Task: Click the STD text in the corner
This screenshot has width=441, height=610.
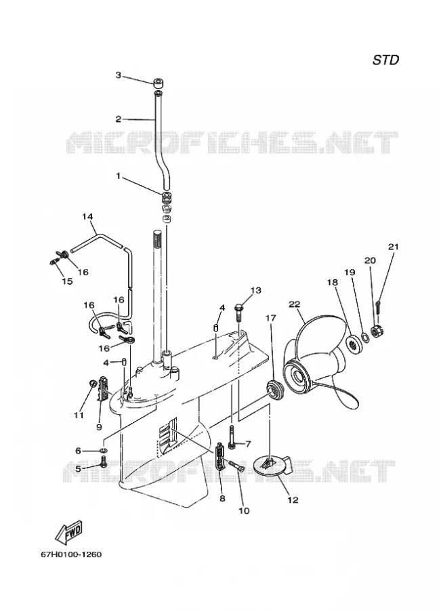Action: pyautogui.click(x=385, y=60)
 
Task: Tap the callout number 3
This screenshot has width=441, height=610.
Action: pyautogui.click(x=119, y=75)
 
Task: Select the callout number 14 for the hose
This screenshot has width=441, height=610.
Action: pyautogui.click(x=87, y=216)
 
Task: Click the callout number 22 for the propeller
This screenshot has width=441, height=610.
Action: pyautogui.click(x=295, y=304)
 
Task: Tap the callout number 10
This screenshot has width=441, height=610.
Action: pyautogui.click(x=243, y=510)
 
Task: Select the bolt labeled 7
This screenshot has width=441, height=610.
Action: pyautogui.click(x=232, y=437)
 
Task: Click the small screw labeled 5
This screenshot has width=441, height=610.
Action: pyautogui.click(x=104, y=461)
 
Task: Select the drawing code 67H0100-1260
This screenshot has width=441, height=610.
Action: pyautogui.click(x=71, y=554)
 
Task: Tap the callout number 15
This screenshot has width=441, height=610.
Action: pyautogui.click(x=67, y=281)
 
